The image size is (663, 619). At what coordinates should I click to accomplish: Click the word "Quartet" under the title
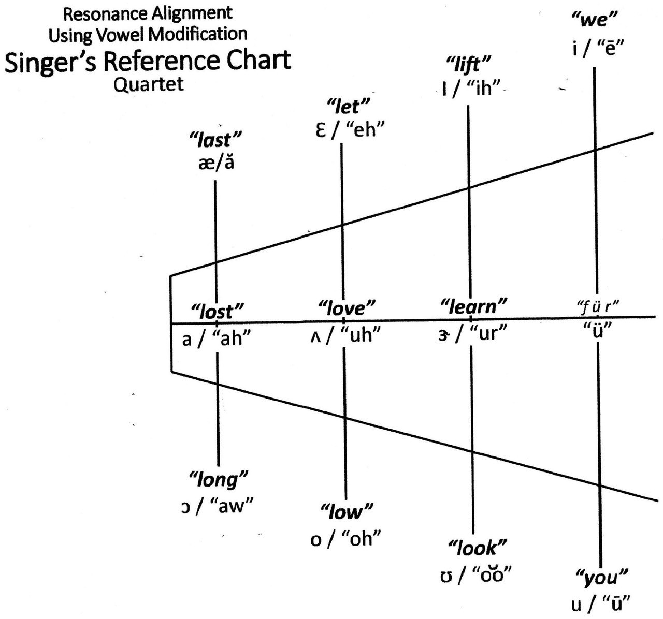pos(149,84)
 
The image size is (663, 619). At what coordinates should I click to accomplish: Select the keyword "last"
pos(215,140)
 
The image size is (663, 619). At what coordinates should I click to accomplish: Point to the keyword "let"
pos(348,107)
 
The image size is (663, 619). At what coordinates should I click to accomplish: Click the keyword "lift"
pos(469,64)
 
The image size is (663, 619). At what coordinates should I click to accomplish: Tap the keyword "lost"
pos(217,311)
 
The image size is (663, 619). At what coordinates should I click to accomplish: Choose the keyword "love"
pos(346,307)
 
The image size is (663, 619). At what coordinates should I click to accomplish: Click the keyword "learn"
pos(473,306)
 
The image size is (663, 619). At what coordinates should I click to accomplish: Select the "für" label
pos(598,306)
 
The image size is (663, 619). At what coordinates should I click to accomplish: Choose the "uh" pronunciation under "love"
pos(361,334)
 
